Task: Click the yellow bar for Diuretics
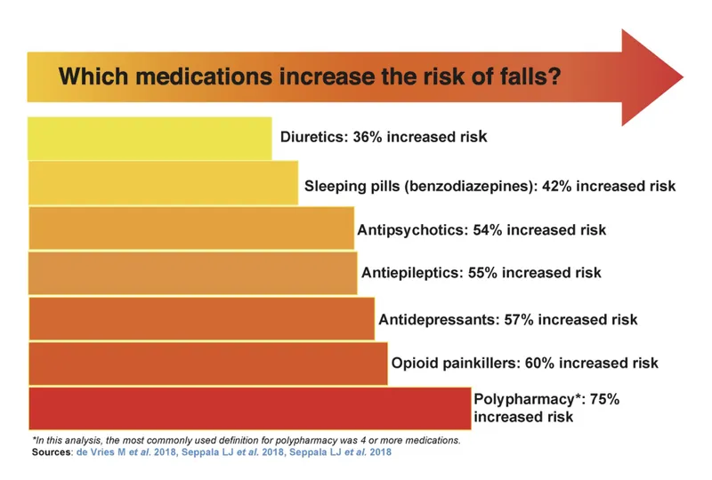click(x=150, y=138)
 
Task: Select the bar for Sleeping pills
click(x=163, y=183)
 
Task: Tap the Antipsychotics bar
click(x=191, y=228)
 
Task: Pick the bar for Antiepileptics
click(x=192, y=273)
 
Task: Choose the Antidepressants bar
click(x=201, y=318)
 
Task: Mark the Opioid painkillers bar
click(x=208, y=363)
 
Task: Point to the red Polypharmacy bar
click(x=249, y=408)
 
